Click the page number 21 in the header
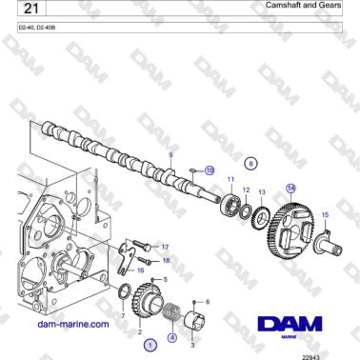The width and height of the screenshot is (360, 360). click(30, 11)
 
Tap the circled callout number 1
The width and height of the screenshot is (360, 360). click(150, 347)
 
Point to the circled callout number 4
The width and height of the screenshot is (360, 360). click(171, 336)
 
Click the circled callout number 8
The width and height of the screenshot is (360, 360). click(250, 164)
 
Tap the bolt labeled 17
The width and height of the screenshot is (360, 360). click(141, 244)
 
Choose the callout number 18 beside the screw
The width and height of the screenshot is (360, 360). click(165, 259)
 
